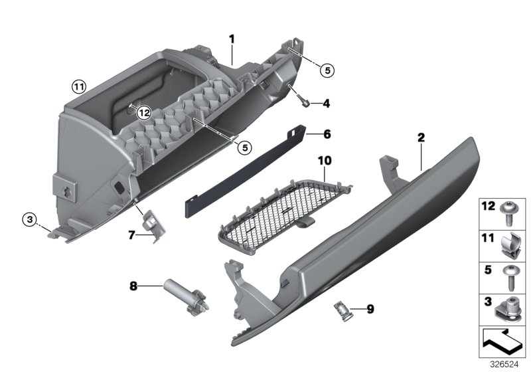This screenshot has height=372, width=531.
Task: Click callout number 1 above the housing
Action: [232, 39]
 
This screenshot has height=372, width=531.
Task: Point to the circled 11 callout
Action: [80, 86]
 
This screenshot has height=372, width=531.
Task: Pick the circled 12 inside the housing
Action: [144, 114]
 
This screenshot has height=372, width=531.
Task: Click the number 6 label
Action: [327, 134]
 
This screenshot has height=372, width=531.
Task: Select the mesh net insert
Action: [279, 206]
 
